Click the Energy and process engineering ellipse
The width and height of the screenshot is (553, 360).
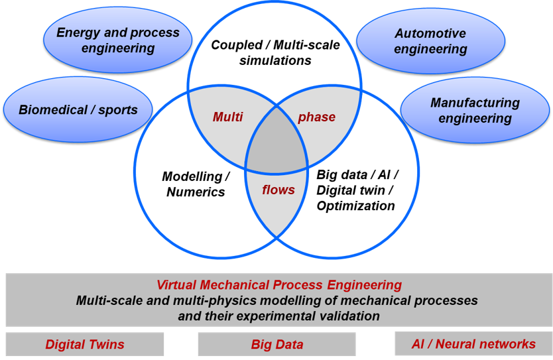tap(117, 40)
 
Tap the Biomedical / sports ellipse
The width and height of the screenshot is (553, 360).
tap(78, 109)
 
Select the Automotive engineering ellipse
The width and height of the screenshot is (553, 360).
tap(430, 41)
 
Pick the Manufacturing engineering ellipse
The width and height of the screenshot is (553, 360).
tap(475, 111)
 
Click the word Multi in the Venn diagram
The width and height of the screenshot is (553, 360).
tap(227, 117)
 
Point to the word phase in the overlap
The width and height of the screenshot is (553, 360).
tap(316, 117)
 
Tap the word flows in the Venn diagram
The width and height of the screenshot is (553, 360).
tap(278, 190)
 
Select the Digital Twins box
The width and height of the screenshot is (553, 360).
tap(85, 344)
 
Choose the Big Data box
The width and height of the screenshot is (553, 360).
tap(276, 344)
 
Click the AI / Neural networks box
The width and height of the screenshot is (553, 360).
tap(473, 343)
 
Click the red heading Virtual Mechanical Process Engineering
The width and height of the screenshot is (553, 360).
tap(278, 285)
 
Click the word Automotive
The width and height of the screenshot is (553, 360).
tap(430, 33)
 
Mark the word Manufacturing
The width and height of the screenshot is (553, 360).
tap(475, 103)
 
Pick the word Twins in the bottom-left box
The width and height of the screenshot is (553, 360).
tap(107, 344)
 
